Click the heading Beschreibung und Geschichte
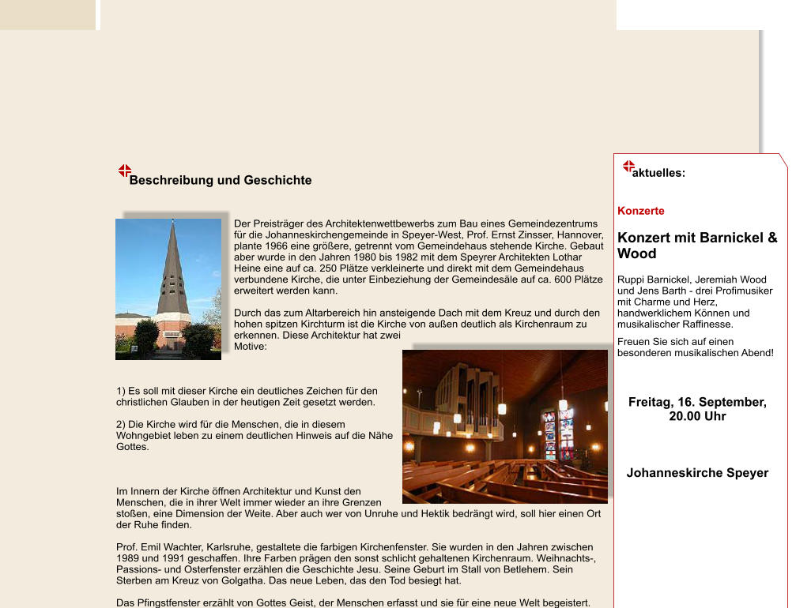pyautogui.click(x=221, y=180)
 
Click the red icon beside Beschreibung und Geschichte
pyautogui.click(x=124, y=171)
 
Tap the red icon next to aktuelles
pyautogui.click(x=628, y=167)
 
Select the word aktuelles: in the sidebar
pyautogui.click(x=658, y=173)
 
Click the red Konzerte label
pyautogui.click(x=640, y=211)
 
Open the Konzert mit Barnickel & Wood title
pyautogui.click(x=696, y=245)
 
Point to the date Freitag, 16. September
pyautogui.click(x=697, y=402)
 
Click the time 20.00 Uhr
pyautogui.click(x=697, y=416)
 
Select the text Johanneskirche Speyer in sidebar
pyautogui.click(x=697, y=473)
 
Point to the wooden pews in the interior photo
pyautogui.click(x=474, y=478)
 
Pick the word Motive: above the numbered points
pyautogui.click(x=251, y=346)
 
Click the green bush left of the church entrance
pyautogui.click(x=145, y=337)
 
